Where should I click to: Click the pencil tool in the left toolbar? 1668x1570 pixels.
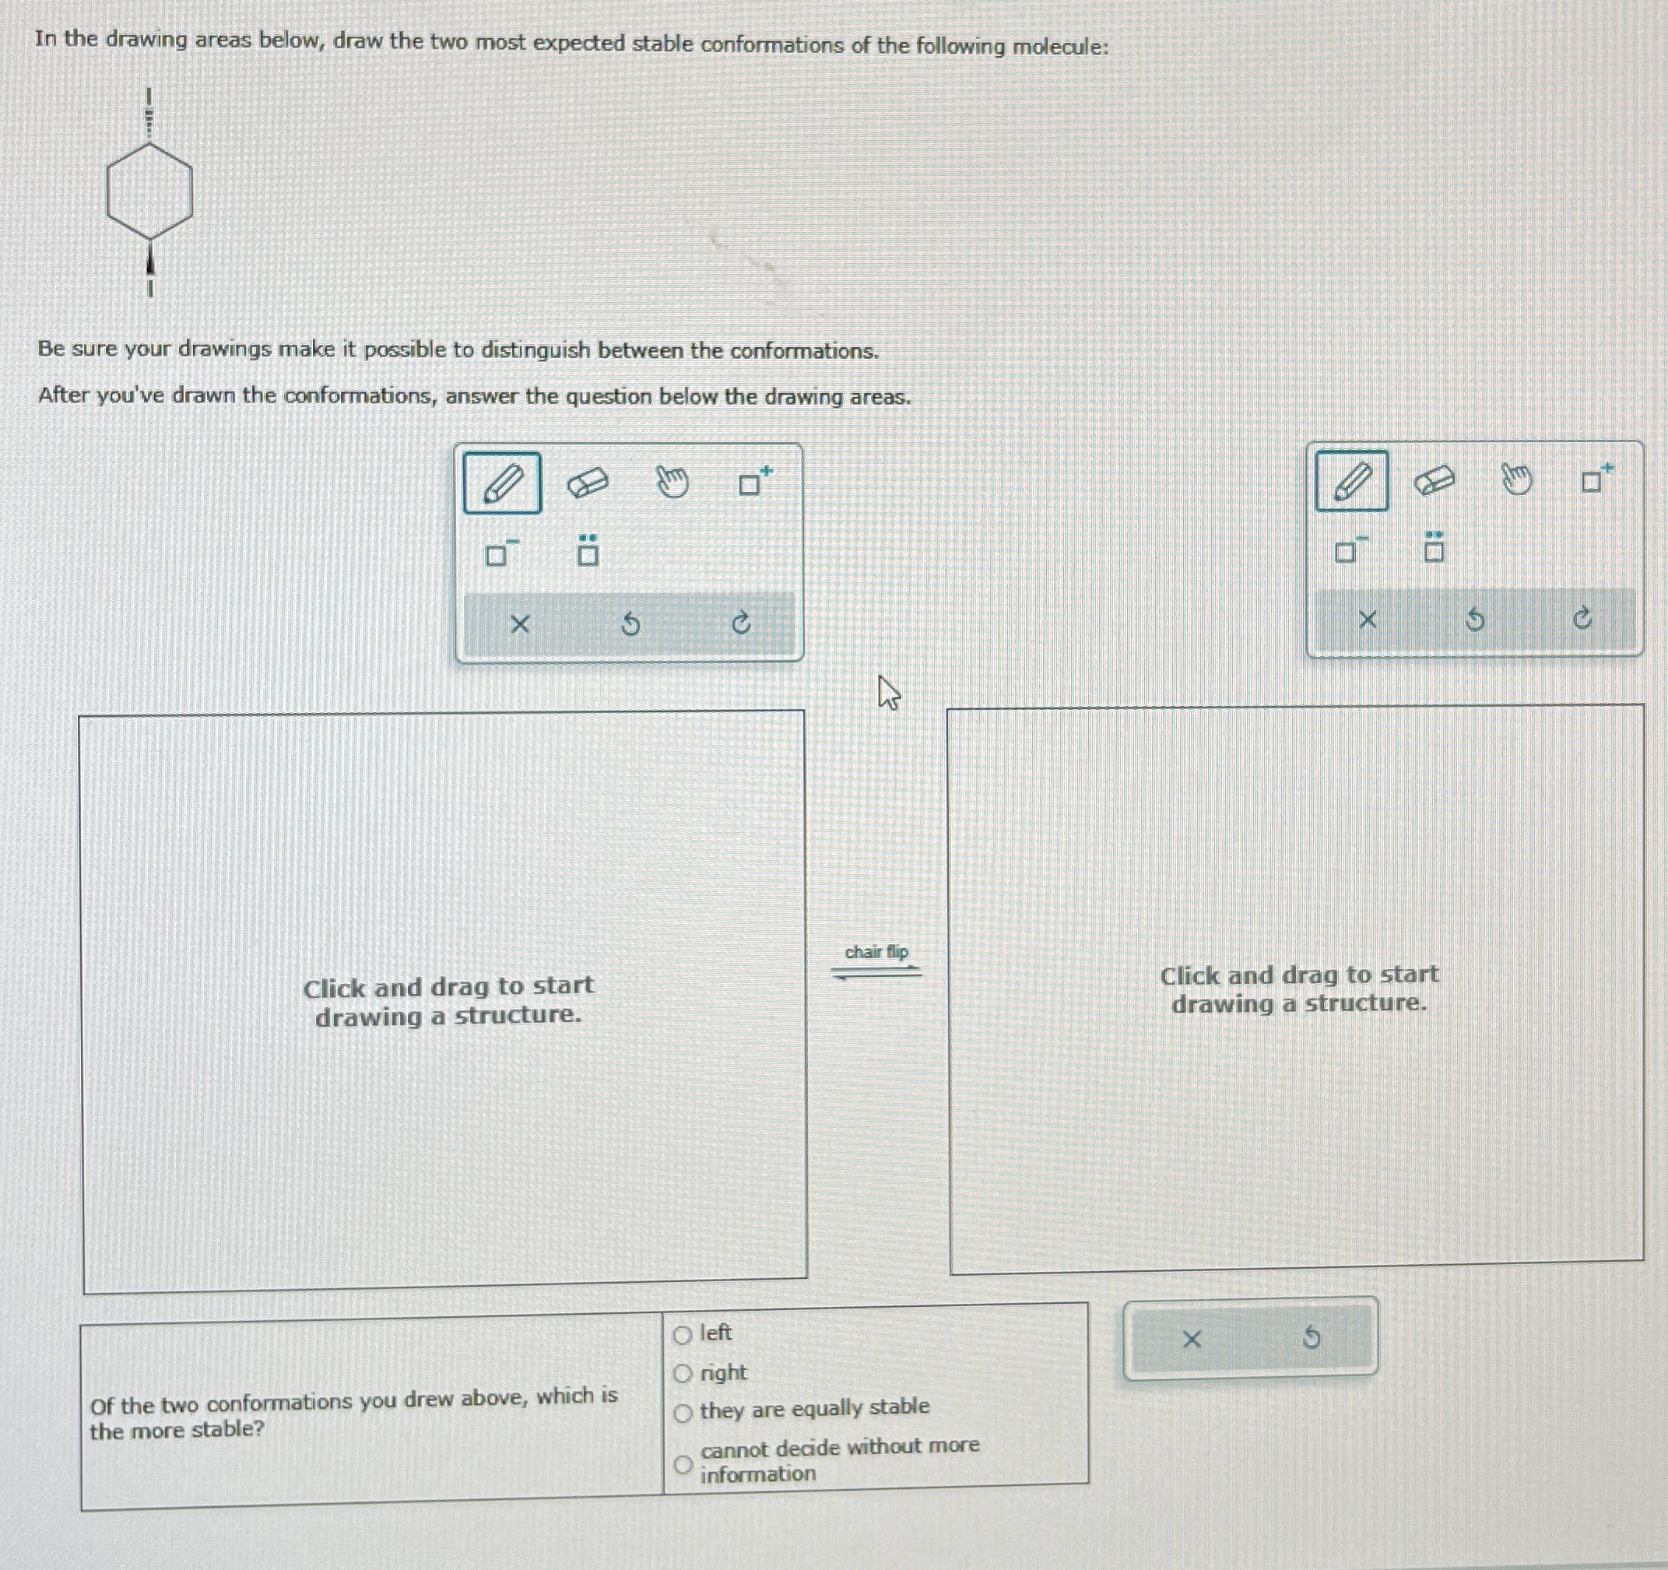click(x=502, y=484)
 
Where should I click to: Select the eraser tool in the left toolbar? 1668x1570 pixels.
click(x=588, y=483)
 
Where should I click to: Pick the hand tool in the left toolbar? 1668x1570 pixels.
click(x=672, y=482)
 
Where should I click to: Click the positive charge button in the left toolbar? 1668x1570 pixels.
click(x=754, y=481)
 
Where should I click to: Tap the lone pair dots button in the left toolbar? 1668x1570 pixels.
click(x=588, y=550)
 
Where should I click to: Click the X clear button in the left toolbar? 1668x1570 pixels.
click(x=520, y=624)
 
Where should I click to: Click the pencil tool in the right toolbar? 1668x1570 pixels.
click(x=1352, y=481)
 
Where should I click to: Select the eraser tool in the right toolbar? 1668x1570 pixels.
click(x=1434, y=481)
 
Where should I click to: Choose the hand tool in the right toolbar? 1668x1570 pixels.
click(x=1516, y=479)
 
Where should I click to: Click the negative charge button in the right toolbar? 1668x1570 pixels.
click(x=1349, y=549)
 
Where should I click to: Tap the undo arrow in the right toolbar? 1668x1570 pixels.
click(x=1474, y=620)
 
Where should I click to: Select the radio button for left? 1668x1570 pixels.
click(x=683, y=1335)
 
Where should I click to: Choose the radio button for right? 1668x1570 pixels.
click(x=683, y=1374)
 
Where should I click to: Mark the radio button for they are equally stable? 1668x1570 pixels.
click(x=683, y=1413)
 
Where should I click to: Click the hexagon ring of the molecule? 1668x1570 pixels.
click(x=107, y=193)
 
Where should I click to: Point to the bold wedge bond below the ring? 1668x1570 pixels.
click(x=150, y=258)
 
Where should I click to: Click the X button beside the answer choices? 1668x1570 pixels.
click(x=1191, y=1340)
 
